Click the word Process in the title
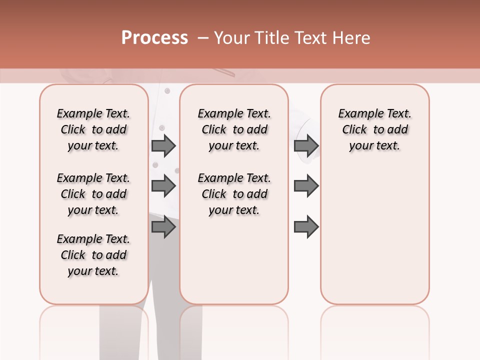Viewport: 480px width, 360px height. [154, 38]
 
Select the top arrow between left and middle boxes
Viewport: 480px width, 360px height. [163, 145]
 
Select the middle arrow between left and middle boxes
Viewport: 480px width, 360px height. [163, 186]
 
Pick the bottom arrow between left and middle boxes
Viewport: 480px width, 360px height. [163, 226]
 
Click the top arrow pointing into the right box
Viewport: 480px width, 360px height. [306, 145]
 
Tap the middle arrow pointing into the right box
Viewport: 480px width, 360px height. [306, 186]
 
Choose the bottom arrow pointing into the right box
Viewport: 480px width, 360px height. [306, 226]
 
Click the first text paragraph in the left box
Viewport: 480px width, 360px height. [93, 129]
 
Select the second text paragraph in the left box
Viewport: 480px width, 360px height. [93, 194]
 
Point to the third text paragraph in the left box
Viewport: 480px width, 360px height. [93, 255]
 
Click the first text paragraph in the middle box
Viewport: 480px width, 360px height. [234, 129]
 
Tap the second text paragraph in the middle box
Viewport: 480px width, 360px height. [234, 194]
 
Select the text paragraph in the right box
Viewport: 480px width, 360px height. [375, 129]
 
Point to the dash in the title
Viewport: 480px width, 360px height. [202, 38]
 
